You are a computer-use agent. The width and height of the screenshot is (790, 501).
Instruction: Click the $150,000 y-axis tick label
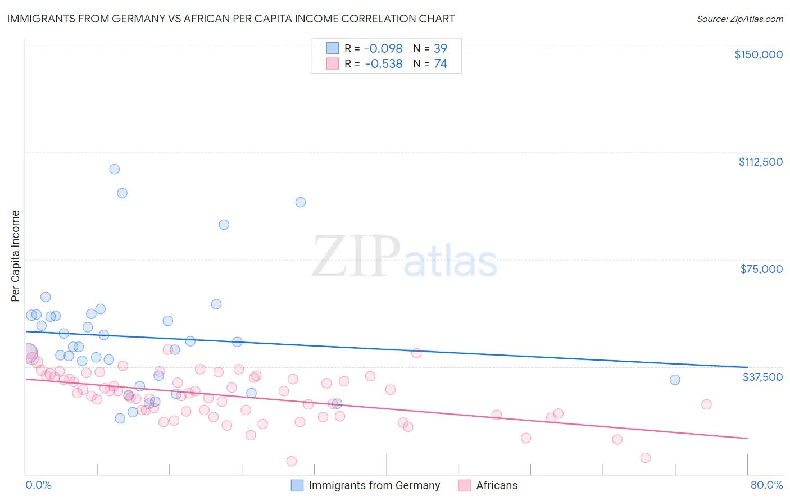tap(758, 54)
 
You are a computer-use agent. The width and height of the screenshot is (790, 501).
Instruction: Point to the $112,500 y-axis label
tap(760, 162)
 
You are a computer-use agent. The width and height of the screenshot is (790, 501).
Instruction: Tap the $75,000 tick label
tap(761, 269)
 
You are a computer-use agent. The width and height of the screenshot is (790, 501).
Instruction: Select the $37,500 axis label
tap(762, 377)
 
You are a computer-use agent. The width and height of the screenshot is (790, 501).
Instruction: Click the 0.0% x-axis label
tap(38, 485)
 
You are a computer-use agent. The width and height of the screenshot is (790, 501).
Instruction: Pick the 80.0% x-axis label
tap(766, 485)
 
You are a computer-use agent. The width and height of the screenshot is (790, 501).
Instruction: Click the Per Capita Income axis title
tap(16, 256)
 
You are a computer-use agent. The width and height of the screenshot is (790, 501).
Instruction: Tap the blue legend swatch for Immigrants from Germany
tap(297, 485)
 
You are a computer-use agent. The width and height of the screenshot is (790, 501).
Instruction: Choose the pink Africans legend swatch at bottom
tap(464, 485)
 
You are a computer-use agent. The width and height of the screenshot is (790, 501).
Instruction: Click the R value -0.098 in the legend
tap(384, 48)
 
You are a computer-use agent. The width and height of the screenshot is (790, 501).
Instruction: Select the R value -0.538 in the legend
tap(384, 64)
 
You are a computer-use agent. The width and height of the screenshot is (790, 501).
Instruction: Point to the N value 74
tap(441, 64)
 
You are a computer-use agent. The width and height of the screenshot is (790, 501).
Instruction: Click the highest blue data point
tap(115, 169)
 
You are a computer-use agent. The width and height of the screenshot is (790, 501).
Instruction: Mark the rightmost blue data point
tap(675, 380)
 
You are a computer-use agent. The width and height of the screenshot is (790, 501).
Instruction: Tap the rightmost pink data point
tap(706, 404)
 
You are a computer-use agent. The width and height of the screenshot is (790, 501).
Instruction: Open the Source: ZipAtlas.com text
tap(739, 19)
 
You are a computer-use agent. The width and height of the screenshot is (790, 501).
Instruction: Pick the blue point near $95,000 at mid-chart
tap(301, 202)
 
